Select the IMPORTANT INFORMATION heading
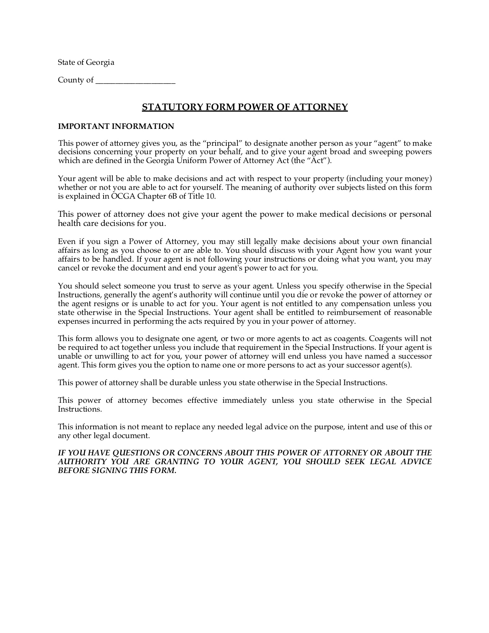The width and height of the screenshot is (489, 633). tap(116, 127)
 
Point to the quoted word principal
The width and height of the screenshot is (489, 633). tap(222, 143)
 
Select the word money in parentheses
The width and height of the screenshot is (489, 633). tap(419, 179)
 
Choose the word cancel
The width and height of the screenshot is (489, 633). tap(68, 268)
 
